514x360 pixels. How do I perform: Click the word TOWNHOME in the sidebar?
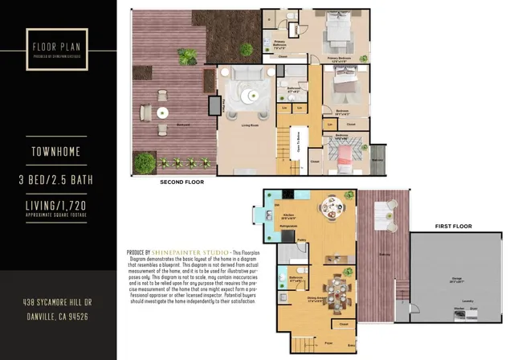click(x=58, y=150)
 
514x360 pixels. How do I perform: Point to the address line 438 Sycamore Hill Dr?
click(x=58, y=303)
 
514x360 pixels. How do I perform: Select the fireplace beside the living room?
click(x=214, y=105)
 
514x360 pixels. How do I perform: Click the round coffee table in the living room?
click(x=251, y=95)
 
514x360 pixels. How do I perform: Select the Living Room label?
click(x=248, y=125)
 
